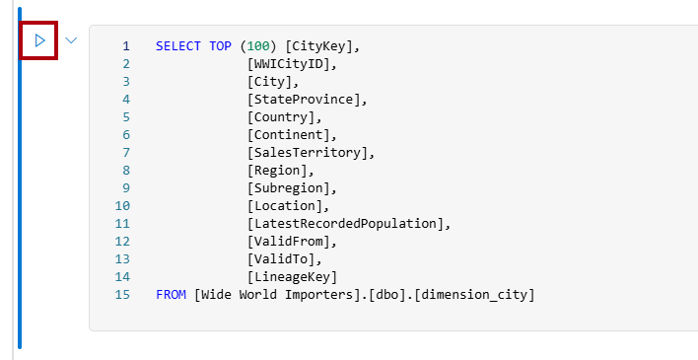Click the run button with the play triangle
pos(39,41)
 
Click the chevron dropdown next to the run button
pos(71,41)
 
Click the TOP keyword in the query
pos(221,46)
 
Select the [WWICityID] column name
pos(292,64)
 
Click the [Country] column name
pos(284,117)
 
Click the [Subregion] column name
pos(292,188)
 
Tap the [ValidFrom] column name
pos(292,242)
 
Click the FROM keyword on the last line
pos(172,295)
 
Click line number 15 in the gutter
pos(122,295)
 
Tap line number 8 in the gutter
pos(126,171)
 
